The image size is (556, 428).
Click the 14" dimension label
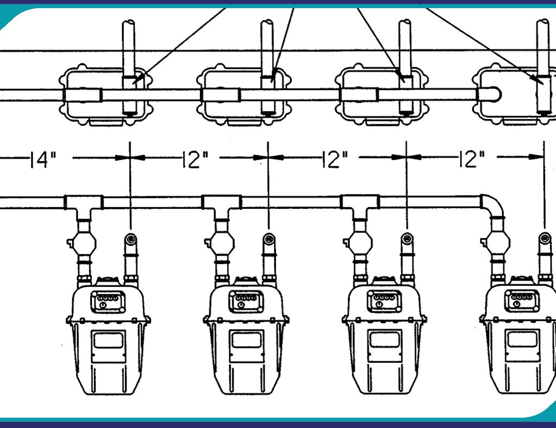pos(43,159)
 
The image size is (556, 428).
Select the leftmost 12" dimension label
pos(195,159)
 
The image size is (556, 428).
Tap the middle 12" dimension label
pos(334,159)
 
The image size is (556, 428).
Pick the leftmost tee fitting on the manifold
pos(84,206)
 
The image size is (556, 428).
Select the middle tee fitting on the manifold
pos(222,206)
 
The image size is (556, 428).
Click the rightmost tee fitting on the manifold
pos(360,206)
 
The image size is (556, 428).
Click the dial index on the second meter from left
pos(246,302)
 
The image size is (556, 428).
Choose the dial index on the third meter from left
pos(384,302)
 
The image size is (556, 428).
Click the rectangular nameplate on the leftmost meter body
pos(109,346)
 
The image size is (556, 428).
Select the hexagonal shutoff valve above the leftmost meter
pos(84,243)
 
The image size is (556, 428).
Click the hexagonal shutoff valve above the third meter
pos(359,243)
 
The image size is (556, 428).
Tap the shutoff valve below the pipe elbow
pos(497,243)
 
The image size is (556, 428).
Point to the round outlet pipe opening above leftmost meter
pos(131,240)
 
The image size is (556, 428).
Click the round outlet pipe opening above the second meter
pos(269,240)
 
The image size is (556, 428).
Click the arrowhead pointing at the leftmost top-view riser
pos(139,78)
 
